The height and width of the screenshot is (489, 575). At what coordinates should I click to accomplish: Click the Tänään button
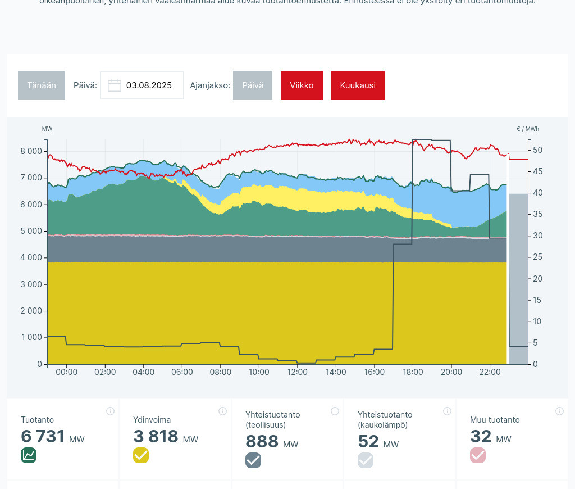pos(42,85)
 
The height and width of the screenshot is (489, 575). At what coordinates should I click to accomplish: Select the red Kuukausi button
pos(358,85)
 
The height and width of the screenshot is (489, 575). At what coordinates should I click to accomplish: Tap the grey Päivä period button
pos(253,85)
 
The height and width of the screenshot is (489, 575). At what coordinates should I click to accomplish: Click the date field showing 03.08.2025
pos(148,85)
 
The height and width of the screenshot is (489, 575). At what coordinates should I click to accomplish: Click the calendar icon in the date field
pos(115,85)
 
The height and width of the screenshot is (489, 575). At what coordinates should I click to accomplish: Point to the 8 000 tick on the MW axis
pos(31,151)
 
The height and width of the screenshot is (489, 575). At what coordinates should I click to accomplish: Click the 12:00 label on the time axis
pos(297,372)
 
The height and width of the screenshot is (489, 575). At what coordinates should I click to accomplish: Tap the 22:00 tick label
pos(490,372)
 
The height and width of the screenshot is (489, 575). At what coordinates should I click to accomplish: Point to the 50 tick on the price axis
pos(537,150)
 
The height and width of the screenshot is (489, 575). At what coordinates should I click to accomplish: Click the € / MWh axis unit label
pos(527,129)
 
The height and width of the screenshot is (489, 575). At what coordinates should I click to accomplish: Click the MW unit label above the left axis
pos(47,129)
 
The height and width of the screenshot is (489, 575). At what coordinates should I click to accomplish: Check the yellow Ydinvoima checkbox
pos(141,455)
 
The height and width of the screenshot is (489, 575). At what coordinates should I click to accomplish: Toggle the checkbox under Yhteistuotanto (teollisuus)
pos(253,460)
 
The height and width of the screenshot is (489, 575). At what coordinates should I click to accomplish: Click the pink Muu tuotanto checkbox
pos(478,455)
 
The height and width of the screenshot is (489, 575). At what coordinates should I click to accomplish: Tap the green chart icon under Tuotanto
pos(29,455)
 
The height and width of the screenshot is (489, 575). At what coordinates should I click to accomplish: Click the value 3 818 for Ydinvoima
pos(156,436)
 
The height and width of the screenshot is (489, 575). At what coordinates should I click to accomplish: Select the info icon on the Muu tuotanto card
pos(559,411)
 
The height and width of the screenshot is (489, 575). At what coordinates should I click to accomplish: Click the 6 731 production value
pos(43,436)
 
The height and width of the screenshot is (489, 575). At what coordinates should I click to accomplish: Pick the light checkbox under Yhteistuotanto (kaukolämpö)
pos(366,460)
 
